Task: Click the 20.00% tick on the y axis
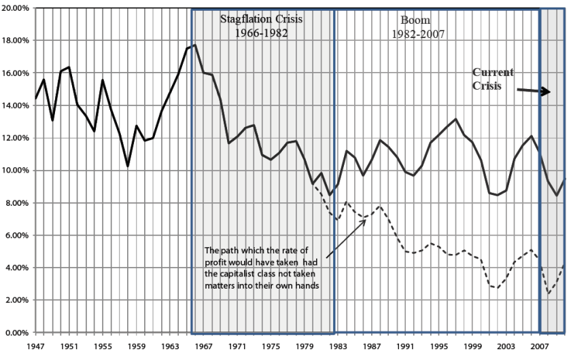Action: [x=17, y=8]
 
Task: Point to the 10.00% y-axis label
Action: [x=17, y=170]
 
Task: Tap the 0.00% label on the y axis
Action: [x=18, y=333]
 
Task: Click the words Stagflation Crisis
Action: [x=261, y=19]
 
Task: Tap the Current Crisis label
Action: [x=494, y=79]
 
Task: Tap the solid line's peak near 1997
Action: [x=456, y=119]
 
